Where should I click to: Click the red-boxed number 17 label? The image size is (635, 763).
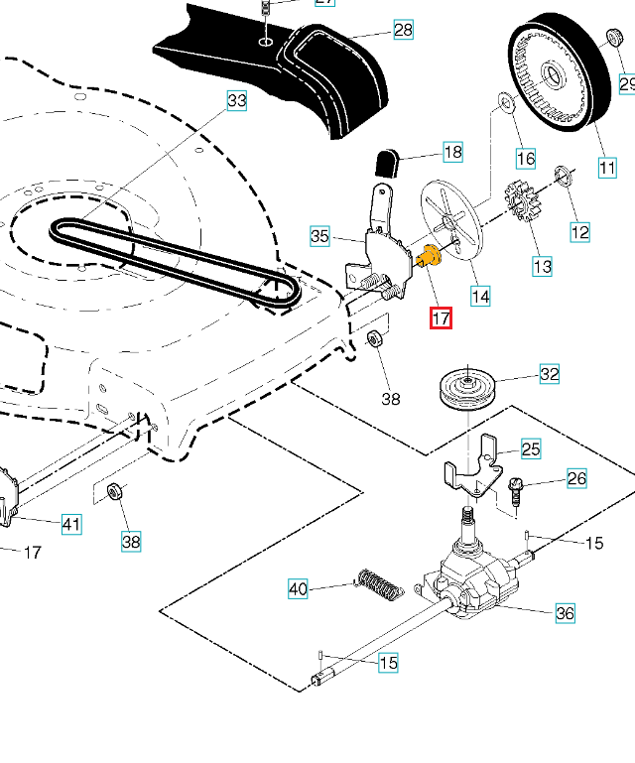click(x=441, y=318)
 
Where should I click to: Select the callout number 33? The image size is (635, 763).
click(x=237, y=101)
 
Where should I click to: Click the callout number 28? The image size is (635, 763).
click(x=403, y=30)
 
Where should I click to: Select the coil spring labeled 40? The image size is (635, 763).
click(x=379, y=583)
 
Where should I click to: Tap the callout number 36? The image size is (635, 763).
click(x=565, y=613)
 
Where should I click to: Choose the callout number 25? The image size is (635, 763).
click(x=531, y=449)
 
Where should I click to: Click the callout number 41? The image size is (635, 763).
click(x=71, y=524)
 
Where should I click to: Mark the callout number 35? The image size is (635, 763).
click(x=319, y=236)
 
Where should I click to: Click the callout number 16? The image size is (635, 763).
click(x=525, y=158)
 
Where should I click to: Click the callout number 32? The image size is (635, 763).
click(x=549, y=374)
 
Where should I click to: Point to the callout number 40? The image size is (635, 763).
click(x=299, y=588)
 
